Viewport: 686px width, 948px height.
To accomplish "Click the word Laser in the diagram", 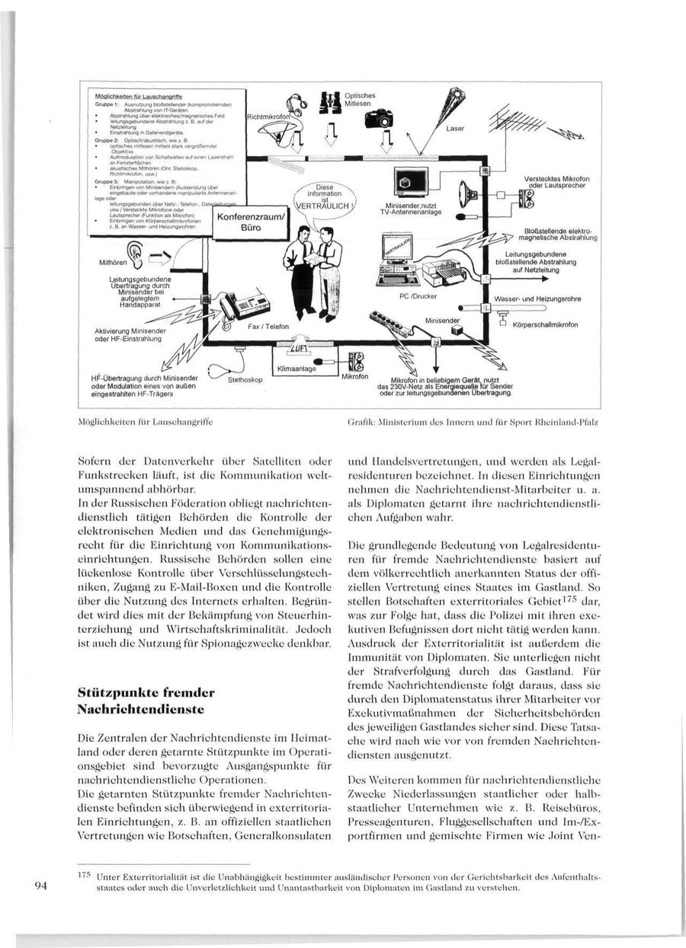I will click(x=455, y=129).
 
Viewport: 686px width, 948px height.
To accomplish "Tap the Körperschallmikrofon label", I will click(x=546, y=325).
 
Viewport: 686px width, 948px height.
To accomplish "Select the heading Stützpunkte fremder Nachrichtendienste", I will click(x=146, y=701).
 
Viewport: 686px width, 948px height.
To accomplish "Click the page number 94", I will click(x=41, y=885).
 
